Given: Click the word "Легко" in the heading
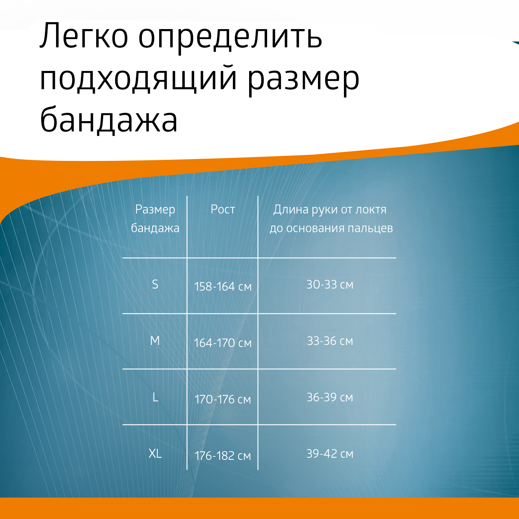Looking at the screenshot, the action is [x=84, y=36].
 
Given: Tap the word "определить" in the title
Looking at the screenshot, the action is [x=230, y=38].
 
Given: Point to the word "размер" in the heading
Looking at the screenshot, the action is [x=304, y=81].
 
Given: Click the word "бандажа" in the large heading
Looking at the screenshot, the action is [x=109, y=119].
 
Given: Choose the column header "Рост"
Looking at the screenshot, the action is [x=223, y=209].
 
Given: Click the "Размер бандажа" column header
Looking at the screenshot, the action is [x=155, y=219].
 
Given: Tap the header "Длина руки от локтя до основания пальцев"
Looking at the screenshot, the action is [x=331, y=219].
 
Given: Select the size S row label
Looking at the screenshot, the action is [x=155, y=284].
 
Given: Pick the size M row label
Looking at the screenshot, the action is [x=155, y=341].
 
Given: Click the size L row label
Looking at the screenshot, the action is [x=155, y=397].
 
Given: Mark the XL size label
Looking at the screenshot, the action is [x=155, y=454].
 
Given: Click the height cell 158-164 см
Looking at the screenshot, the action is [x=223, y=286].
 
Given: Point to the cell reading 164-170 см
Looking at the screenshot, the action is [x=223, y=343].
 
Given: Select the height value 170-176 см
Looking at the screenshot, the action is [x=223, y=399].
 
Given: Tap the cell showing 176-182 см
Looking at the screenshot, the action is [x=223, y=456].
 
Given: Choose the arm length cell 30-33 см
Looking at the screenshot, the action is [x=330, y=284].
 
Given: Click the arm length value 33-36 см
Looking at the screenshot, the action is [x=330, y=341].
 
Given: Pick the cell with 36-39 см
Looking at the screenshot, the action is [x=330, y=397].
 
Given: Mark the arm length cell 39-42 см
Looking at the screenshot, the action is [x=330, y=454].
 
